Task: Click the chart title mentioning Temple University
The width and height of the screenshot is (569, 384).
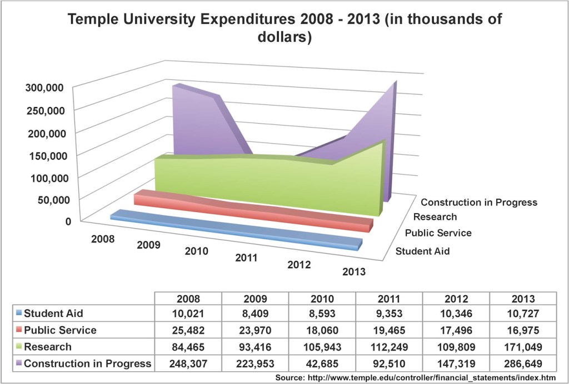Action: [x=284, y=29]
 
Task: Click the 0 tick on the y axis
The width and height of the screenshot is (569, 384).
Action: [x=68, y=221]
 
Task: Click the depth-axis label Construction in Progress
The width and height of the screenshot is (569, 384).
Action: [x=479, y=202]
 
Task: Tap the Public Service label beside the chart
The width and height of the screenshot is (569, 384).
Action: [x=438, y=233]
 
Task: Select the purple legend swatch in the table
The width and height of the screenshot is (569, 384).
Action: [x=18, y=364]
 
